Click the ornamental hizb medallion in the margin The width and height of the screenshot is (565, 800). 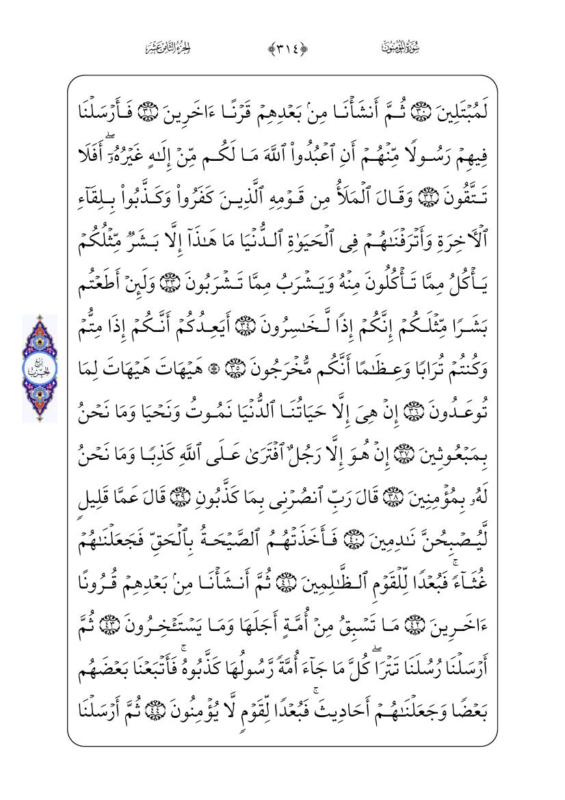[40, 368]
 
